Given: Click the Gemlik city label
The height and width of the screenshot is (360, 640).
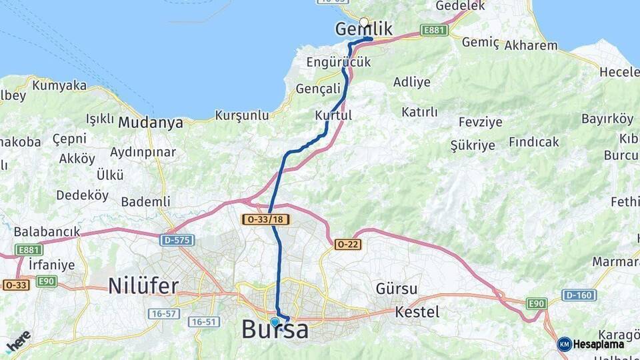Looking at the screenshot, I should tap(363, 30).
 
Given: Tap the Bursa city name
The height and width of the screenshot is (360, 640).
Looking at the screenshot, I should tap(275, 329).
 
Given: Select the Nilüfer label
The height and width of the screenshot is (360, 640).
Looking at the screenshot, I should tap(143, 287).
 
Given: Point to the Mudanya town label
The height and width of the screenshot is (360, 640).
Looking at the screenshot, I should tap(150, 123).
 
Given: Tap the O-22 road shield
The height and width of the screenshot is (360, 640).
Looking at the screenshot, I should tap(348, 245).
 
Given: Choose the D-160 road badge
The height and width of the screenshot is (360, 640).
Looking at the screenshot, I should tap(579, 295).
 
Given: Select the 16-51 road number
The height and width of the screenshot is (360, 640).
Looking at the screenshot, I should tap(203, 322).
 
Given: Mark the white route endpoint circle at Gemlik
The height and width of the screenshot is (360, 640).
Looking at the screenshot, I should tap(364, 22).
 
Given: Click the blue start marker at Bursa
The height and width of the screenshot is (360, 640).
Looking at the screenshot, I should tap(275, 322).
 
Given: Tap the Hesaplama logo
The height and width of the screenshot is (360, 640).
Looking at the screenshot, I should tap(591, 344).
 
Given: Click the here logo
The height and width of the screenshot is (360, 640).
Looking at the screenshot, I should tap(18, 341).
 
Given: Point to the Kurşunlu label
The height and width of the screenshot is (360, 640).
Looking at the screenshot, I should tap(241, 115).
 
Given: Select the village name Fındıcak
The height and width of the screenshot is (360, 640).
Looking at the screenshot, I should tap(534, 142).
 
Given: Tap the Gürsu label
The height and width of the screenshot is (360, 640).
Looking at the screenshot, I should tap(397, 289).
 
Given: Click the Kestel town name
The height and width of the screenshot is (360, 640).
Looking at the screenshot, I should tap(417, 312).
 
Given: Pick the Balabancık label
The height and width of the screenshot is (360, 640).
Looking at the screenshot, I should tap(47, 232).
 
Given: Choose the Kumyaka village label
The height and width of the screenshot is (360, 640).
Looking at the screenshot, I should tap(59, 85).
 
